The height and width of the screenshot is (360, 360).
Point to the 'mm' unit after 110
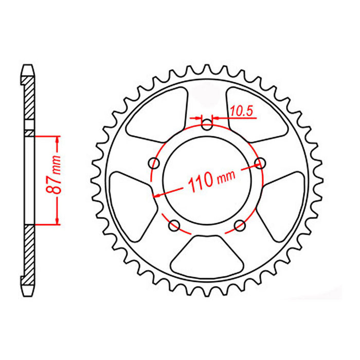(226, 175)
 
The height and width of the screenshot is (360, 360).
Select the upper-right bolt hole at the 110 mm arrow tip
(261, 164)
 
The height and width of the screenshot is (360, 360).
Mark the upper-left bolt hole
(153, 164)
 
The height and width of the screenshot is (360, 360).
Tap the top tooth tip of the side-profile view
(28, 67)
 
